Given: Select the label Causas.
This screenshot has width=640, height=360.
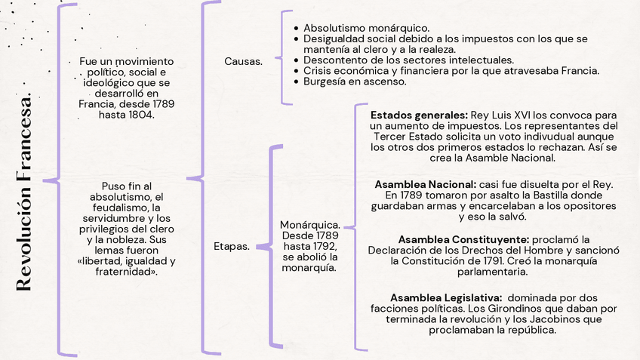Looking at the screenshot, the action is tap(243, 61).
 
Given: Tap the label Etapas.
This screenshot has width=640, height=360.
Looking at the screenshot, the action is tap(232, 246).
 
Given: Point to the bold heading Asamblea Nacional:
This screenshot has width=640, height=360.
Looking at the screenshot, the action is tap(425, 184).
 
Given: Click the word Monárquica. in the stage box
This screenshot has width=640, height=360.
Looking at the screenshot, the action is tap(309, 225).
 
